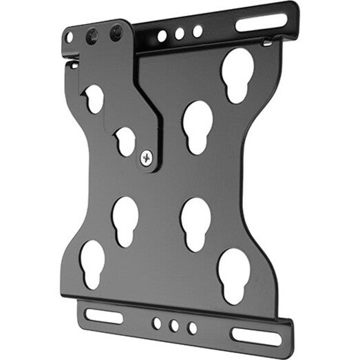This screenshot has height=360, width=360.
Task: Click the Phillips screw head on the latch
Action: pyautogui.click(x=147, y=157)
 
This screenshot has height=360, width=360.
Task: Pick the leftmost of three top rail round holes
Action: pyautogui.click(x=162, y=35)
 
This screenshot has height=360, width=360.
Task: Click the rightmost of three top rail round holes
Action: pyautogui.click(x=197, y=31)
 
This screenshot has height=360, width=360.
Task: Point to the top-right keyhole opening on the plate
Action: pyautogui.click(x=236, y=76)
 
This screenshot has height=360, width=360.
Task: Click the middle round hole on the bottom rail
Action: pyautogui.click(x=174, y=325)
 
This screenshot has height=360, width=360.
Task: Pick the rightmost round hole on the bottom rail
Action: pyautogui.click(x=192, y=328)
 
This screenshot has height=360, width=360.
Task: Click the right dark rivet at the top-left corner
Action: pyautogui.click(x=116, y=32)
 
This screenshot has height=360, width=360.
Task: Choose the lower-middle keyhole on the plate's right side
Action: pyautogui.click(x=195, y=224)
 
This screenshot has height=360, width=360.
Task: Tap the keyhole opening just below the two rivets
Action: pyautogui.click(x=94, y=98)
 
